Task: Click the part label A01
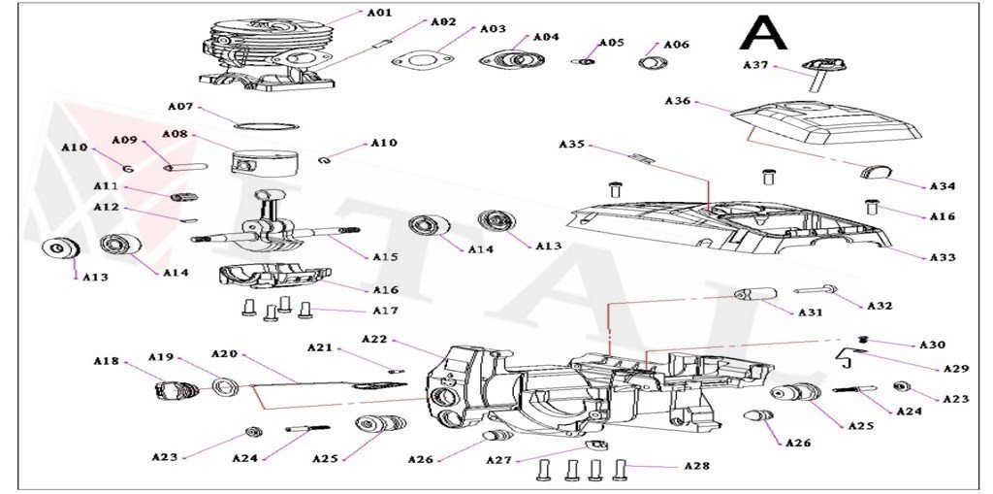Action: (x=379, y=13)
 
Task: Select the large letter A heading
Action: (x=763, y=33)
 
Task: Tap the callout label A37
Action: (x=755, y=65)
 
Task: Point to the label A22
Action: (x=374, y=339)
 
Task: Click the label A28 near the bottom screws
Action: (x=696, y=466)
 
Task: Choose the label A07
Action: (x=181, y=106)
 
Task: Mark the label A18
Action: (x=106, y=361)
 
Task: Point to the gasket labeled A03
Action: (x=423, y=60)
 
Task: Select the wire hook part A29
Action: (x=847, y=358)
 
